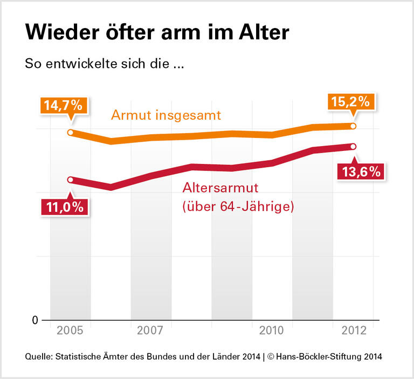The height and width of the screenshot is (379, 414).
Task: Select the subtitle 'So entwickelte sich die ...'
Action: (105, 63)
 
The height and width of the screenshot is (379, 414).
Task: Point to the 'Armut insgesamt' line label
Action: (166, 115)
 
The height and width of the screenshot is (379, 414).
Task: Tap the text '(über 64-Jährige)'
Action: (238, 206)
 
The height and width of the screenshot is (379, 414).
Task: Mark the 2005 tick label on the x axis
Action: (71, 330)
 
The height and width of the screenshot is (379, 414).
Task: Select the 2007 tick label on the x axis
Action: (150, 330)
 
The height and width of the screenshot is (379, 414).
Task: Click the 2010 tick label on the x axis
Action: (272, 330)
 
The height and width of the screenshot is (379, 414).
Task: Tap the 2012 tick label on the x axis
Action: (353, 330)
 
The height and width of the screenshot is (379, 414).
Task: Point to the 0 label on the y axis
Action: (35, 320)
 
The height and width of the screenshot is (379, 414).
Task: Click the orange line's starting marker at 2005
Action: (71, 133)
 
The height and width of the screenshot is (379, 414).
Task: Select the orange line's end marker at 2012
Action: (353, 126)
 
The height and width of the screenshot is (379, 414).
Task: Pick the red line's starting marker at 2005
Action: (71, 180)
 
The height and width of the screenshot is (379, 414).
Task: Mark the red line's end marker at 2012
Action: (353, 146)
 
